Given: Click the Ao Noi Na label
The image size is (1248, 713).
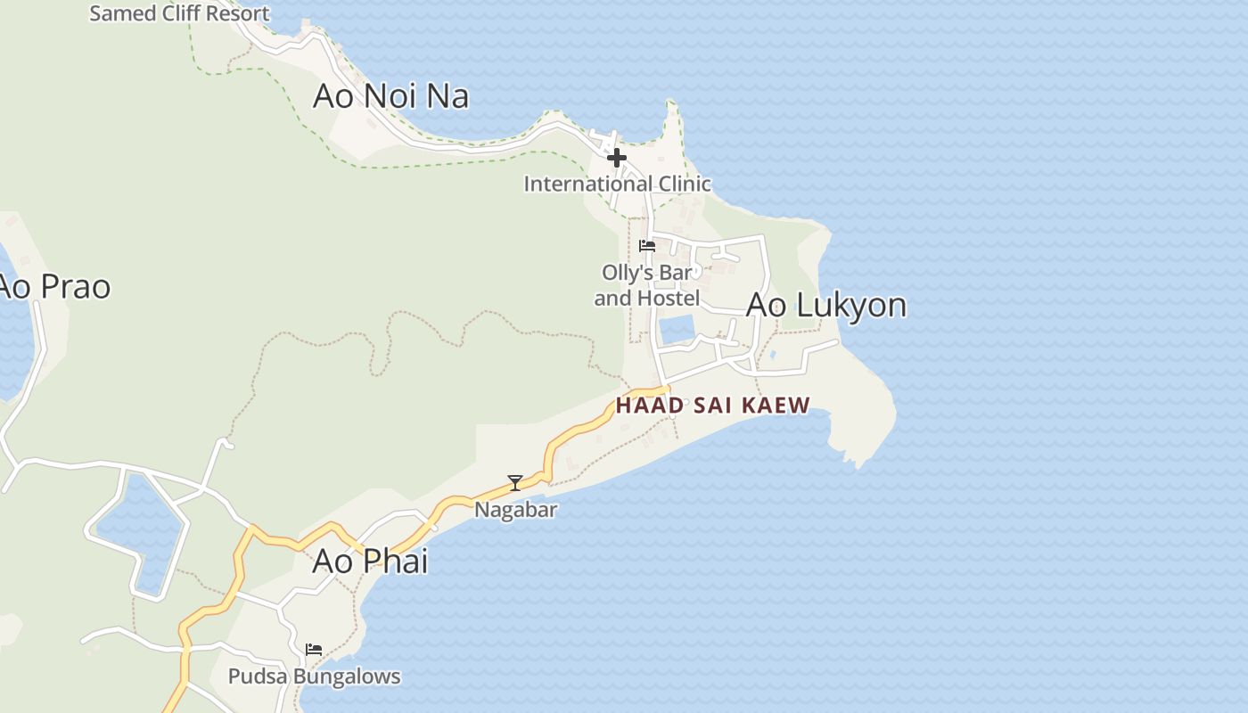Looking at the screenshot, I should pos(390,96).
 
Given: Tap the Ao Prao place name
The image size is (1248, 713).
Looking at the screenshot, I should pos(53,287).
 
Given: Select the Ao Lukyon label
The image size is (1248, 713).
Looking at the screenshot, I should pos(825,305).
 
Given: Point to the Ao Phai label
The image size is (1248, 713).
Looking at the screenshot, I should pos(370,561).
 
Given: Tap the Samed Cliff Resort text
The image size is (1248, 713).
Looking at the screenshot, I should pos(179,13).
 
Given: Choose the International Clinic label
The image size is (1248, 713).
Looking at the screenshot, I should pos(617,184).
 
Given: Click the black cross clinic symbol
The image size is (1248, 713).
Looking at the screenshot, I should pos(616,158).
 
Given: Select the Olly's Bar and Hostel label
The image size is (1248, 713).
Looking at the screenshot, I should pos(647,285).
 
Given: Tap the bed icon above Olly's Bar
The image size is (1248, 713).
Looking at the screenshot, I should pos(647,246).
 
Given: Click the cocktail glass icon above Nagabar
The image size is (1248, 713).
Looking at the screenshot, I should pos(515,483).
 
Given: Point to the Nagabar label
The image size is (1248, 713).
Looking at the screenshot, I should pos(515,510).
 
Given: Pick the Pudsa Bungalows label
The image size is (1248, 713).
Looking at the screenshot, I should pos(314,676).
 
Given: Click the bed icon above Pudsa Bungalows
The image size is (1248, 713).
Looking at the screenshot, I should pos(314,650).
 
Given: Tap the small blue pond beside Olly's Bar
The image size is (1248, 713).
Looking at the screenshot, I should pos(677,329).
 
